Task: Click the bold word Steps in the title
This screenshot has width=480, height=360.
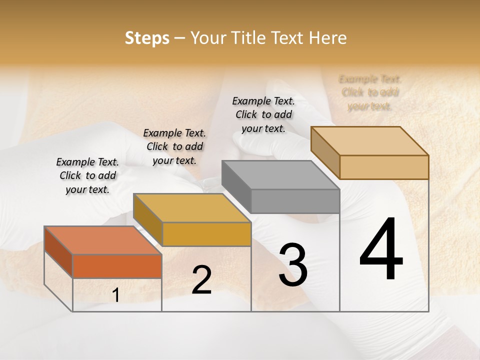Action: (147, 38)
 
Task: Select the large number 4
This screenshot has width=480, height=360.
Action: (381, 249)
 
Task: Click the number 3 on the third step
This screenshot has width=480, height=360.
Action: (292, 264)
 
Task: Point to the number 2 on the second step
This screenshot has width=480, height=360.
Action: (201, 280)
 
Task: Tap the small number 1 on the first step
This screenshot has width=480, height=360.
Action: (116, 295)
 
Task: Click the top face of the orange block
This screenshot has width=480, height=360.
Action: (102, 240)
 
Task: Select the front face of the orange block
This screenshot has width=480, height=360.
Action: (117, 266)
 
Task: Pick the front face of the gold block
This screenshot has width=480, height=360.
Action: (206, 234)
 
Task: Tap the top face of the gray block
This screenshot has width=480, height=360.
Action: (280, 175)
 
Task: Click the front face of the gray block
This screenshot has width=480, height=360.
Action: (295, 201)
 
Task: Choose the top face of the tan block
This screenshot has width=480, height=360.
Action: (369, 140)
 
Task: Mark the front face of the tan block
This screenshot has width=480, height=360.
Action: (384, 167)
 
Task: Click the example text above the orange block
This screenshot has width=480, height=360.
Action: (87, 175)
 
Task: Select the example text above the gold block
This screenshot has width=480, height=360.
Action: (174, 146)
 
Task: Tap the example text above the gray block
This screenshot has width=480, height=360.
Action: (263, 114)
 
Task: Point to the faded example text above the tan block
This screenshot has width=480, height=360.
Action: (370, 92)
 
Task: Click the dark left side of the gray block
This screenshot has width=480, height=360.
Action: (236, 186)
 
